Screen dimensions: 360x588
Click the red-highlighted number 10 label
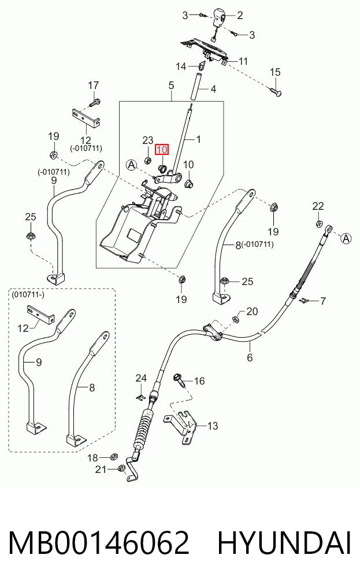click(x=162, y=150)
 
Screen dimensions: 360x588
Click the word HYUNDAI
click(x=284, y=543)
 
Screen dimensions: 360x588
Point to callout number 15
click(x=275, y=72)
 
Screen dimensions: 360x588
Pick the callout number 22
click(x=318, y=206)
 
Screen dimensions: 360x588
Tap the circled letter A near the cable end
click(x=347, y=238)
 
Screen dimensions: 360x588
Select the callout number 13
click(x=213, y=426)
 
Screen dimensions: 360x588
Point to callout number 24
click(x=141, y=378)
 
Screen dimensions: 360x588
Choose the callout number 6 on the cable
click(x=250, y=357)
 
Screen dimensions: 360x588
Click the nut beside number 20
click(x=236, y=320)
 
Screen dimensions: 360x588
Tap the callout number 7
click(x=323, y=301)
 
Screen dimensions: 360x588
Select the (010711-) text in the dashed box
click(x=28, y=294)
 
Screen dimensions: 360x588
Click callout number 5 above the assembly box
click(x=171, y=85)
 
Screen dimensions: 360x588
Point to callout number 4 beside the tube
click(x=213, y=89)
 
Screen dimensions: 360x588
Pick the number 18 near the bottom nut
click(x=92, y=457)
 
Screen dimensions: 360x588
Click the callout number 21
click(x=101, y=469)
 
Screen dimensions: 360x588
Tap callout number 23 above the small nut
click(x=148, y=140)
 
